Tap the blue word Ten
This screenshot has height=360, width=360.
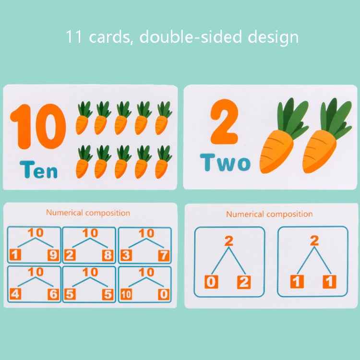click(x=39, y=170)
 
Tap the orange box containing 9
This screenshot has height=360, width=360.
click(x=53, y=255)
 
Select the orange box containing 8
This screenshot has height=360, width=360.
click(x=108, y=255)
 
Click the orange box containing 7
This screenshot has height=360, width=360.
click(x=164, y=255)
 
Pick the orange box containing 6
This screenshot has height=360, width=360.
click(x=53, y=294)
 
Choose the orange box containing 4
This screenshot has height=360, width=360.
click(x=15, y=294)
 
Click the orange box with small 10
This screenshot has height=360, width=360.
click(x=126, y=294)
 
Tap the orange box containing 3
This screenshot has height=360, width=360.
click(x=126, y=255)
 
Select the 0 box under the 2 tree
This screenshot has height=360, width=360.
click(x=211, y=282)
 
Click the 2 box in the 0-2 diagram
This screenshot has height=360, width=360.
click(x=244, y=282)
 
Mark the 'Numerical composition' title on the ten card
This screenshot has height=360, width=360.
click(x=88, y=213)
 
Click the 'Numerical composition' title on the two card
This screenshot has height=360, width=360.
click(x=269, y=214)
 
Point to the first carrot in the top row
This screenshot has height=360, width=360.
click(x=83, y=118)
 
